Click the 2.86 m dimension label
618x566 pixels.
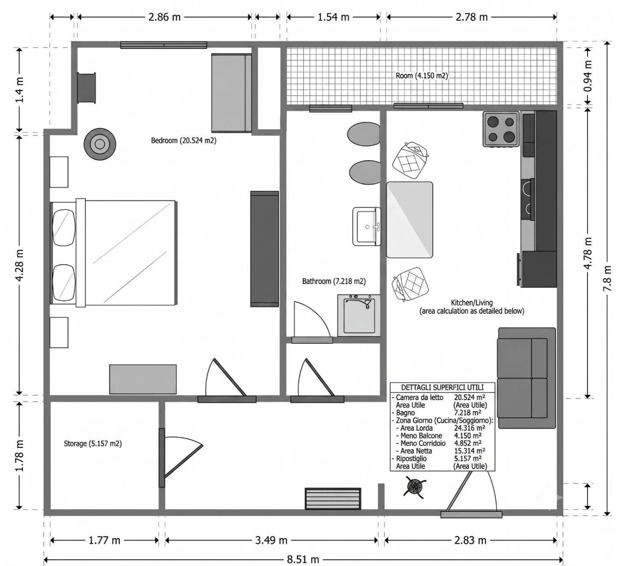coord(164,17)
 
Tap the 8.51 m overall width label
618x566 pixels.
coord(303,559)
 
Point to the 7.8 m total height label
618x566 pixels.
coord(607,278)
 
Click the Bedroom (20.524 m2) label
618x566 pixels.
coord(184,140)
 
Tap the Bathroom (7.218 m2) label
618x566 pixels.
coord(334,281)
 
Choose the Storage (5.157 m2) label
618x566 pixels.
coord(93,443)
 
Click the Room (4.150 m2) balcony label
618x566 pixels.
coord(422,75)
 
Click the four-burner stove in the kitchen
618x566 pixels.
coord(501,128)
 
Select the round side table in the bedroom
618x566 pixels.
coord(100,144)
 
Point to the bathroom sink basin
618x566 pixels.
coord(367,226)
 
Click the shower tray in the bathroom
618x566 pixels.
coord(359,315)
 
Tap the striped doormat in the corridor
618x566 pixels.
coord(333,499)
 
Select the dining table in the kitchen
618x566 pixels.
coord(410,220)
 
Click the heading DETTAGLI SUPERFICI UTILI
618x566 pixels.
coord(442,387)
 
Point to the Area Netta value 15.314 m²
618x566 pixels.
coord(467,451)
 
